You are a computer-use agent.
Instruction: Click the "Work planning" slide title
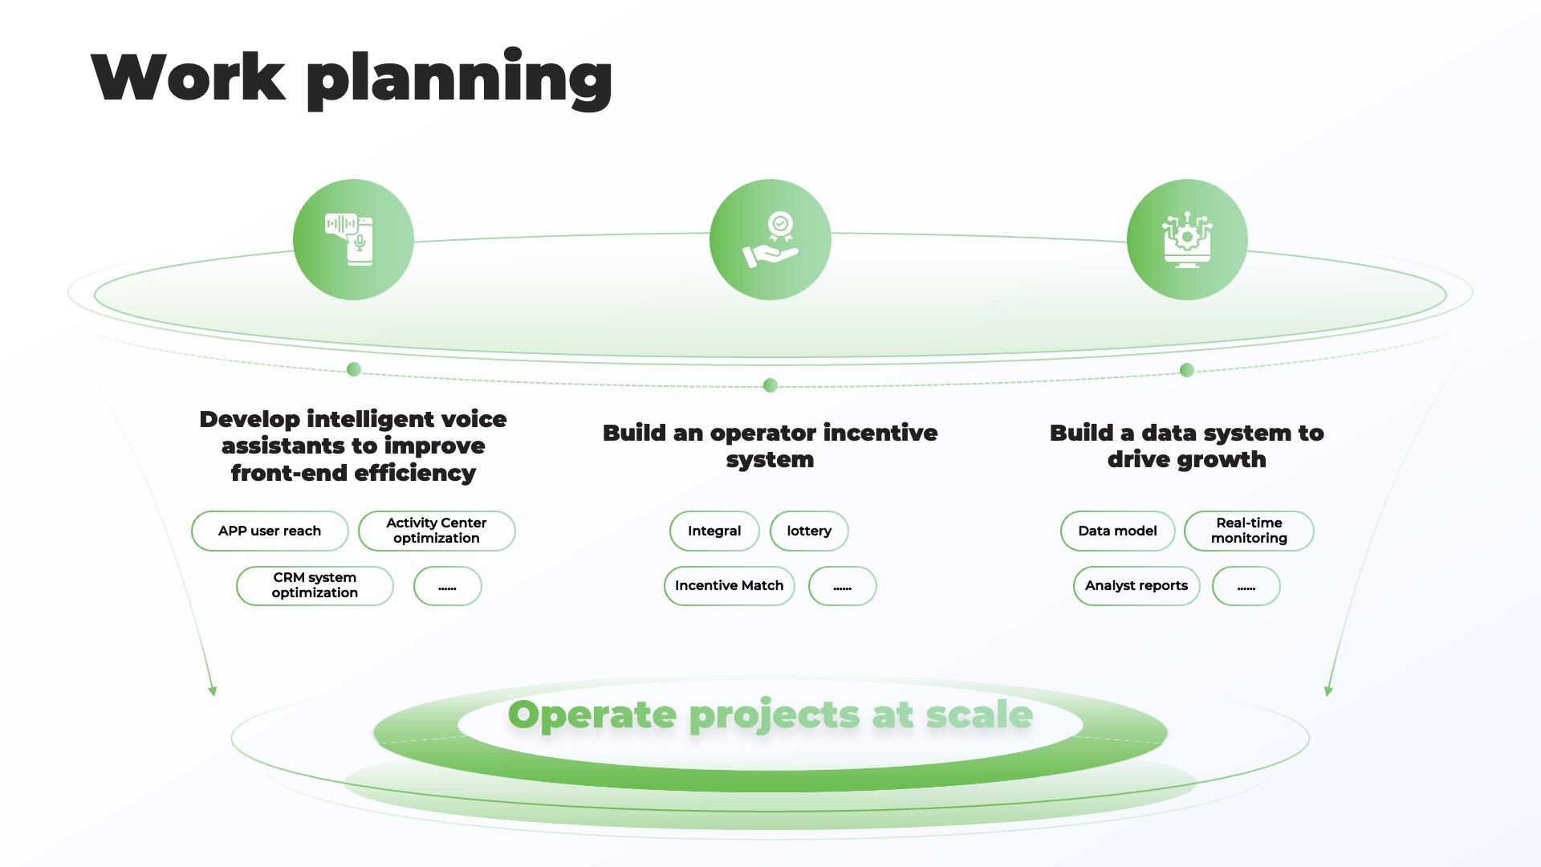[x=352, y=78]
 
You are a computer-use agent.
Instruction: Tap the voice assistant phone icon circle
[x=353, y=239]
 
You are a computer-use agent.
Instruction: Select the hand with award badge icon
[x=770, y=239]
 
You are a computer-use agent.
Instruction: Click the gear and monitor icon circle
[x=1187, y=239]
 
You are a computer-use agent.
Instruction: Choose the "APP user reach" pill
[x=270, y=531]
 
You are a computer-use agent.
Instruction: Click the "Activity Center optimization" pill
[x=437, y=531]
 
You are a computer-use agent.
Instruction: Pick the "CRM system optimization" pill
[x=315, y=585]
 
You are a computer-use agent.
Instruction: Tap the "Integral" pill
[x=714, y=531]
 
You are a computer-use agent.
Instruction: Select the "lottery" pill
[x=809, y=531]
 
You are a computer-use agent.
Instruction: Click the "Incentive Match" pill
[x=730, y=585]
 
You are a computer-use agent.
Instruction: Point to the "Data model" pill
[x=1117, y=531]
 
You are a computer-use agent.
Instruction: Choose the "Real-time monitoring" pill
[x=1249, y=531]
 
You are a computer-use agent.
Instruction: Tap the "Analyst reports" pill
[x=1136, y=585]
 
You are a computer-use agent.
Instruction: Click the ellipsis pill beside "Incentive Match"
[x=843, y=585]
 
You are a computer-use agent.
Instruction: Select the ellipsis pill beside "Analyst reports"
[x=1246, y=585]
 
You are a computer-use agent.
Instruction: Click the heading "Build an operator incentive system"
[x=770, y=446]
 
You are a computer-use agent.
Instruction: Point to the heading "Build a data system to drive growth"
[x=1187, y=446]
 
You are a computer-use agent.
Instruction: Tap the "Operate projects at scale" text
[x=770, y=714]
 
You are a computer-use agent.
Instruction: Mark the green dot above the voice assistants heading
[x=353, y=369]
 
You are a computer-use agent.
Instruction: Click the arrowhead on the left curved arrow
[x=213, y=690]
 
